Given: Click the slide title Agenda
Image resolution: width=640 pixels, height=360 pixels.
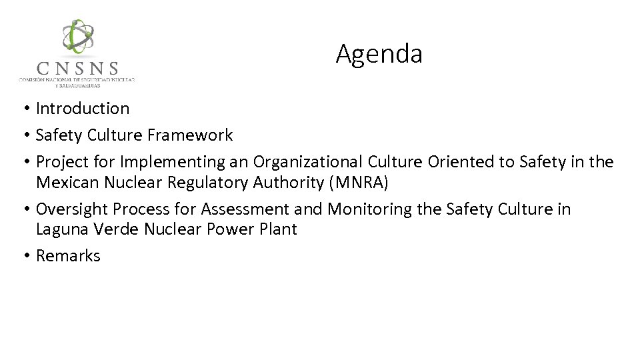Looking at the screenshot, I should (379, 54).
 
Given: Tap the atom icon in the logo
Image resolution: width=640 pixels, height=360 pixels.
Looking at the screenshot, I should (78, 37).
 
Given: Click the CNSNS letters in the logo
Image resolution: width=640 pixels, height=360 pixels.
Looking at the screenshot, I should (78, 69).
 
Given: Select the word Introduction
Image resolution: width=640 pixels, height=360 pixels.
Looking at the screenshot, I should (83, 108).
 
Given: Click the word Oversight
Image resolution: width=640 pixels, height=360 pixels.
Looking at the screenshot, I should (71, 209).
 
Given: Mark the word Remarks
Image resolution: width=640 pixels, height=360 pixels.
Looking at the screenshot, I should (68, 256).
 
